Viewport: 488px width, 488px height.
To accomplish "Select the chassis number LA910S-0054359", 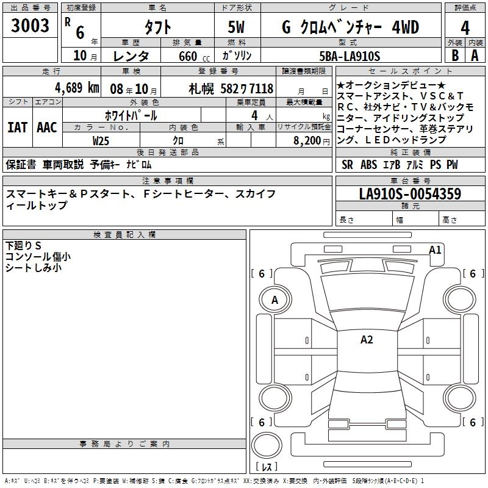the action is point(410,194).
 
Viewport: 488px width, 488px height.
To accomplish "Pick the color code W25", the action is point(101,140).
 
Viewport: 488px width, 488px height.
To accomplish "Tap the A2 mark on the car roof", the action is point(367,340).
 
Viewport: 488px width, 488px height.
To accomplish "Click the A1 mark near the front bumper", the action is point(435,249).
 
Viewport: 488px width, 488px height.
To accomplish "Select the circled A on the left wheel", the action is point(274,300).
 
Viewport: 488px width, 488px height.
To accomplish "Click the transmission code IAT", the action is point(17,127).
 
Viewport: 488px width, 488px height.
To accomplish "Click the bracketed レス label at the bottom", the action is point(267,467).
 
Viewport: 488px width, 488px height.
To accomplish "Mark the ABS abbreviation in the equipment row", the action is point(368,165).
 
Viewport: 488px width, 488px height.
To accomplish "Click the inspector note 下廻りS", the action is point(24,246).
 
